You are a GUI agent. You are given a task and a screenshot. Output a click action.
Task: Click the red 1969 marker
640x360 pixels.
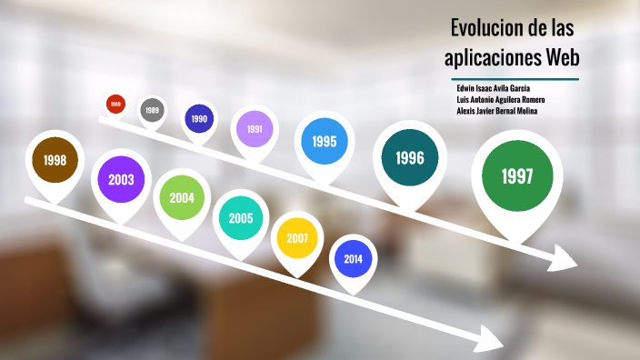coord(115,105)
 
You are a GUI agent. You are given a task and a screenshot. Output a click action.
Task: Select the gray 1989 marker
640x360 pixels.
coord(152,111)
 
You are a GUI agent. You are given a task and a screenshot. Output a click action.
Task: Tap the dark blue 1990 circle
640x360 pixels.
coord(199,119)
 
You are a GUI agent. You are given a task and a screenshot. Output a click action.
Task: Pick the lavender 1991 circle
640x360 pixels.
coord(255,129)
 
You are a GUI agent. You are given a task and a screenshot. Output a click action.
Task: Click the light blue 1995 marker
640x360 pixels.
coord(325,142)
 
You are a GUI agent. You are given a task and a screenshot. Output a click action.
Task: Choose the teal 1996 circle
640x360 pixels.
coord(409,158)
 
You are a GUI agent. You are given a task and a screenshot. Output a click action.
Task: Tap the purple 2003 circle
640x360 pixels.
coord(121,179)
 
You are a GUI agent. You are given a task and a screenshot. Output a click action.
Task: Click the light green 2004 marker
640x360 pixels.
coord(181,198)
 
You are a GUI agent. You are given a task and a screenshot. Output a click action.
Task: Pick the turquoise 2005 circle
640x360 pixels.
coord(241,218)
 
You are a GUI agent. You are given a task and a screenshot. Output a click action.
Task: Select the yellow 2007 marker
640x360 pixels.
coord(297,238)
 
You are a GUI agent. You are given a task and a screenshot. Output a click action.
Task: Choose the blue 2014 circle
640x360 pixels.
coord(353,259)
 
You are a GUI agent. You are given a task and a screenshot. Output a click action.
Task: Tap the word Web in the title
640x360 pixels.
coord(562,58)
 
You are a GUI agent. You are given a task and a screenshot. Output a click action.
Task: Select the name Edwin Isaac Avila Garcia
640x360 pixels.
coord(498,87)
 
